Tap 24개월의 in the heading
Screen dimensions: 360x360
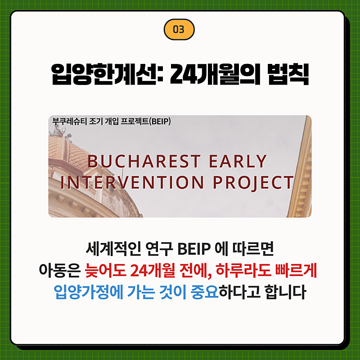(213, 75)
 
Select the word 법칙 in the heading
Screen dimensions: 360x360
(286, 75)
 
